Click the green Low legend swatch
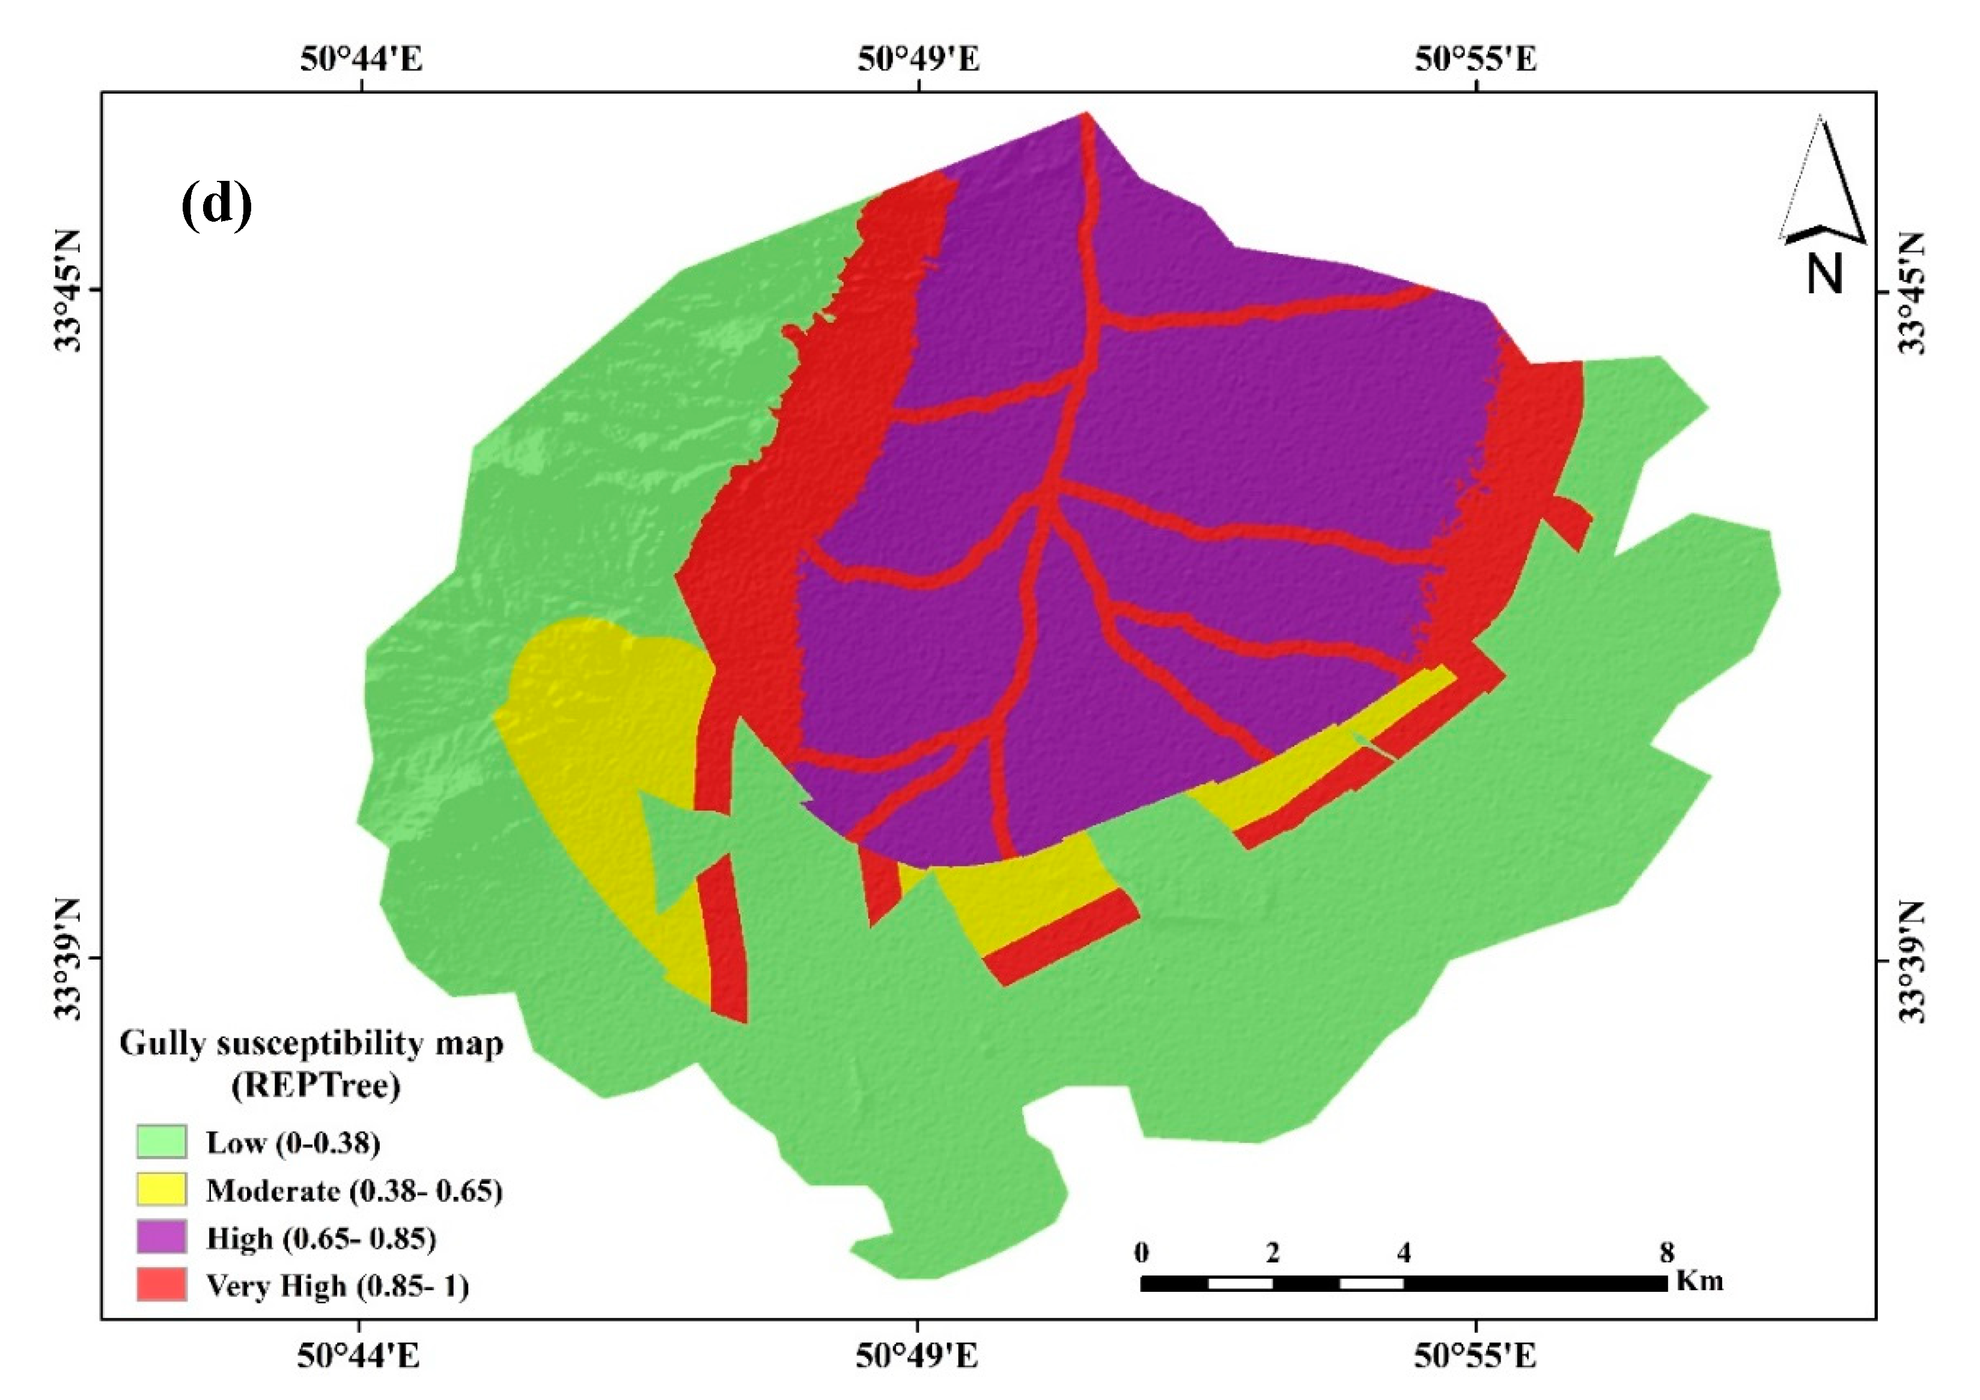pyautogui.click(x=161, y=1142)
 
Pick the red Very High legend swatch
pyautogui.click(x=161, y=1285)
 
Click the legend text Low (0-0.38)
pyautogui.click(x=293, y=1143)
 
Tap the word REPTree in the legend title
pyautogui.click(x=315, y=1085)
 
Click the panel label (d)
pyautogui.click(x=216, y=204)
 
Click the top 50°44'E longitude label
pyautogui.click(x=361, y=59)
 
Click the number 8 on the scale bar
pyautogui.click(x=1667, y=1253)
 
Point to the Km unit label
pyautogui.click(x=1700, y=1280)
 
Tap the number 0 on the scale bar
pyautogui.click(x=1142, y=1253)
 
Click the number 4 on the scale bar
pyautogui.click(x=1404, y=1253)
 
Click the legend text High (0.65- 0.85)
pyautogui.click(x=321, y=1239)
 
